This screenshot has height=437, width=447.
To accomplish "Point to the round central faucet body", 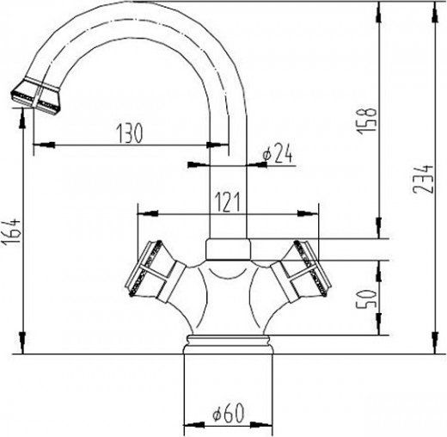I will point(228,297).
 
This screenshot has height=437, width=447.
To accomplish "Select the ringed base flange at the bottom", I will point(228,345).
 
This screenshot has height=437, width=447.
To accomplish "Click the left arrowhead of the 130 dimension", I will point(37,145).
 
